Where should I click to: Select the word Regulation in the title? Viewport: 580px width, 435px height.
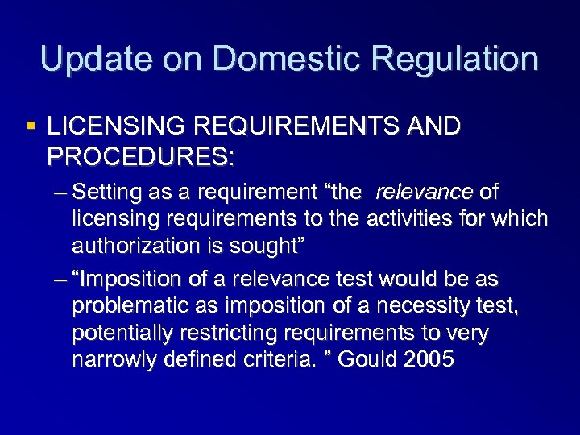[457, 60]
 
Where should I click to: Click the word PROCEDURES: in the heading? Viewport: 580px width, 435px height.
[140, 156]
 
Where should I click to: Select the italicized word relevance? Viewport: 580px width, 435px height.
[425, 193]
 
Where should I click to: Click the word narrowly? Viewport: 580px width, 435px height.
[108, 359]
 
